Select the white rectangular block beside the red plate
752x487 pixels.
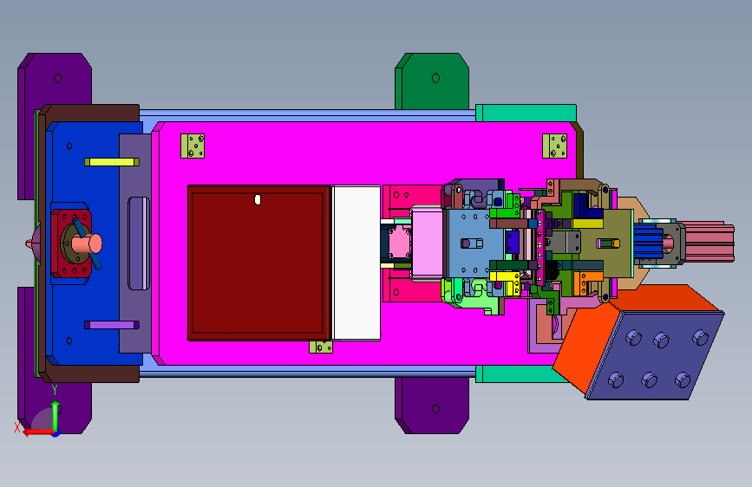tap(356, 263)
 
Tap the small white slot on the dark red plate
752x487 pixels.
tap(258, 200)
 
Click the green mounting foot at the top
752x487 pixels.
tap(432, 81)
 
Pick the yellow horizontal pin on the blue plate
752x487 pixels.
tap(112, 162)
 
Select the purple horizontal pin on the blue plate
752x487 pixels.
tap(112, 325)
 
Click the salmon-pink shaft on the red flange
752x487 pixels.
tap(88, 243)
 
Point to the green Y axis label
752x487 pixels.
tap(55, 389)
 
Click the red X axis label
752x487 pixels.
tap(17, 427)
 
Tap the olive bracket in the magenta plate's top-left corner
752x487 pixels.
tap(193, 146)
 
